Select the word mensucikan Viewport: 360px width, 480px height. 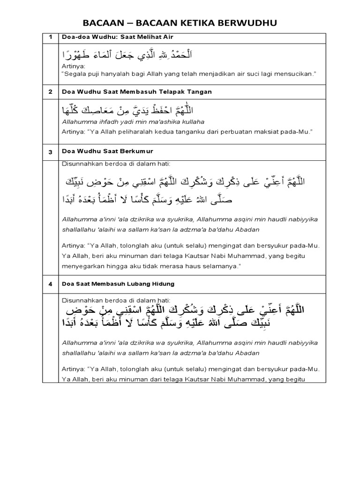click(293, 74)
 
